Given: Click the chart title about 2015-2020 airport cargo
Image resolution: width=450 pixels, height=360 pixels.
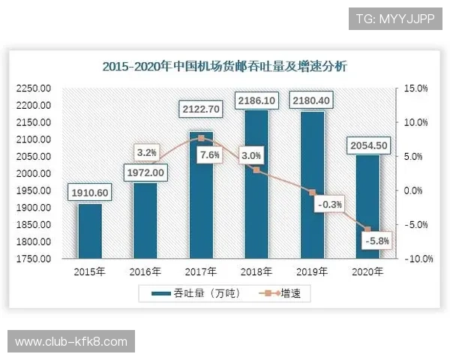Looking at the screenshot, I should point(224,66).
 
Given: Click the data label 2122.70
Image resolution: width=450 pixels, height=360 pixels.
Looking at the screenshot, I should point(201,109).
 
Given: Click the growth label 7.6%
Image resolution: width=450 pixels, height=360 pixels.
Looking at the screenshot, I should point(210,154).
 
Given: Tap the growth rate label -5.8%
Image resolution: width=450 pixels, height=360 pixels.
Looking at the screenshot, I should point(375,241).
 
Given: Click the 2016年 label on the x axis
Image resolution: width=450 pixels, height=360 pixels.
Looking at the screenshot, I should point(145,271).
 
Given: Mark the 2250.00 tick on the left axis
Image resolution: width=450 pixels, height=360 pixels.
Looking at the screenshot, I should point(33,88).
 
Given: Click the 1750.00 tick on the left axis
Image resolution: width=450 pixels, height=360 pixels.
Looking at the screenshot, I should point(33,259).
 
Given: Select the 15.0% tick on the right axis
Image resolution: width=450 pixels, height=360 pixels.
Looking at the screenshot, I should point(415,88).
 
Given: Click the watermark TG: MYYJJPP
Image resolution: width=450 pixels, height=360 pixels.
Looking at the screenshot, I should point(395,19).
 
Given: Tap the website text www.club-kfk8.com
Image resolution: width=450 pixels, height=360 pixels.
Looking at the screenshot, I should point(72,341).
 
